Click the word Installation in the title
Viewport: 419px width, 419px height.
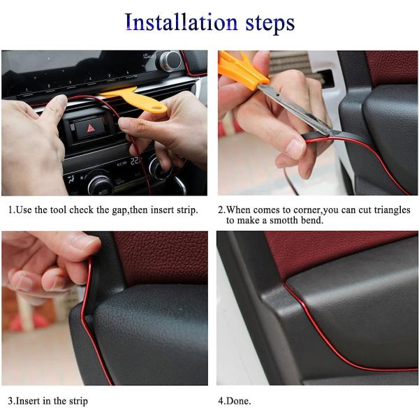[181, 22]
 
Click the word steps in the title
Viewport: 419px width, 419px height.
[270, 24]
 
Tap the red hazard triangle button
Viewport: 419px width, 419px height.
[91, 128]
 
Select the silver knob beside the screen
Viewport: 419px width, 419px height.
[170, 61]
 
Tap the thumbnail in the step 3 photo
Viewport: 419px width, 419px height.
[84, 242]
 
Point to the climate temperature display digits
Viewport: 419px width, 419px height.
[135, 161]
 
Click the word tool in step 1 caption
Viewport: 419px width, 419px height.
[58, 210]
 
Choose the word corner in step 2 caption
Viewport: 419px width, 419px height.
[307, 211]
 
